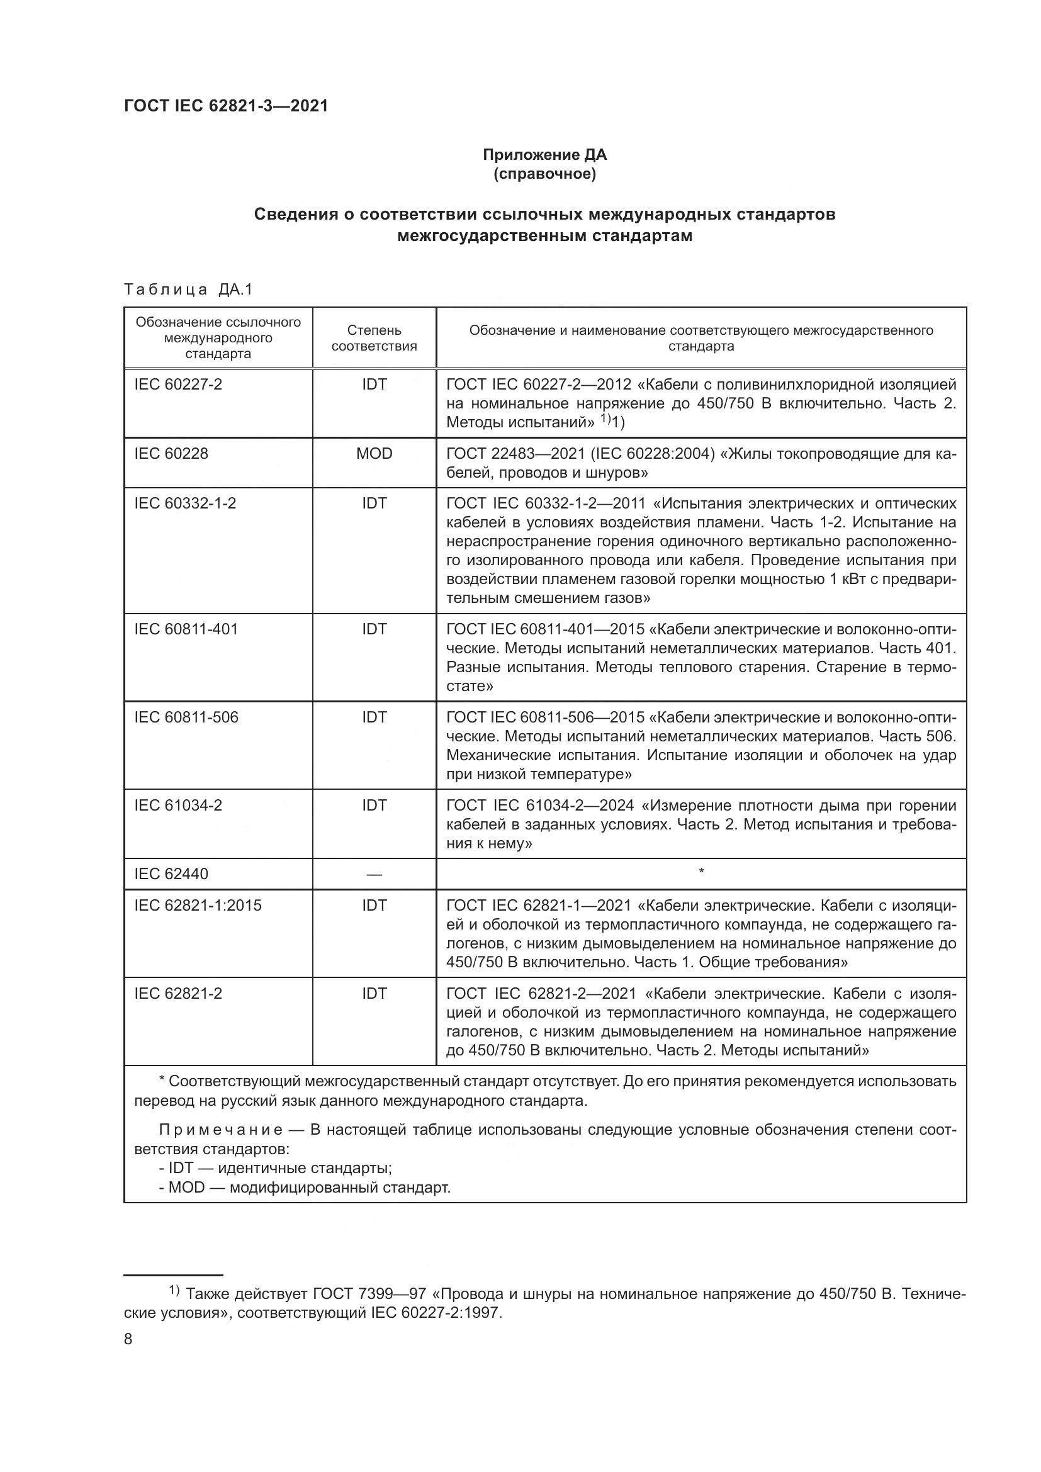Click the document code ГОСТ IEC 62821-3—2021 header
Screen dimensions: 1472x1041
226,106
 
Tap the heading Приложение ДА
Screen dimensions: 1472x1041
544,155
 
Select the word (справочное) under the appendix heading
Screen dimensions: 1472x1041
544,174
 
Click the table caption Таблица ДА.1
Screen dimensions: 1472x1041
188,289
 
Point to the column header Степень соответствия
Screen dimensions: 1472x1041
374,338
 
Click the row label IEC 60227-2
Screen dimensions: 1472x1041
178,385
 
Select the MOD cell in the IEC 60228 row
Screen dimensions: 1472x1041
374,454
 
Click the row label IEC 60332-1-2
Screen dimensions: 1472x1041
184,503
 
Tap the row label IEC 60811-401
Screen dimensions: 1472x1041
186,629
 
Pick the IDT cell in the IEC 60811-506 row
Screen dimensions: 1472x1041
374,717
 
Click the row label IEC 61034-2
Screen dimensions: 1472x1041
178,806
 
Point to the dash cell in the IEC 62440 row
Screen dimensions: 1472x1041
374,875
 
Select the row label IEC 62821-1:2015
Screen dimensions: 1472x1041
198,906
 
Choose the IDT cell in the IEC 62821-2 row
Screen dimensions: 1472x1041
374,994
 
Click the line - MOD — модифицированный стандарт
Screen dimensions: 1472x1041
305,1188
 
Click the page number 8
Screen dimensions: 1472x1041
128,1339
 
